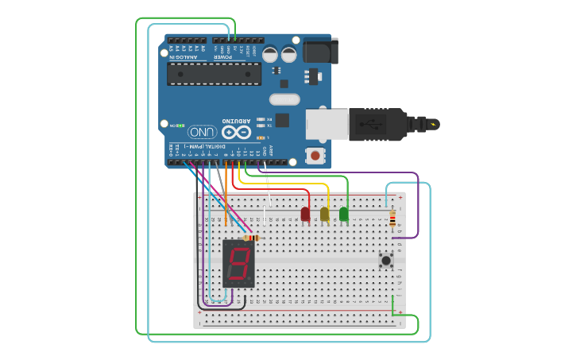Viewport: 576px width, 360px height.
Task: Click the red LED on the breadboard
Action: coord(305,213)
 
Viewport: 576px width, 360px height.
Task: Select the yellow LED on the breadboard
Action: coord(324,213)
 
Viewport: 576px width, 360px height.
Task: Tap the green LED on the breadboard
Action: coord(344,213)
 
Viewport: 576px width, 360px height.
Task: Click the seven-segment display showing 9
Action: coord(239,263)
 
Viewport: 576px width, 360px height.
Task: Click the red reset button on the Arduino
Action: coord(316,154)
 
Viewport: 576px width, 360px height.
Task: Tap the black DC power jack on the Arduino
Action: coord(322,51)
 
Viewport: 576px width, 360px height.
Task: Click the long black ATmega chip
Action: coord(214,73)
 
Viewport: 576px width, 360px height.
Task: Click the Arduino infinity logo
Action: coord(236,131)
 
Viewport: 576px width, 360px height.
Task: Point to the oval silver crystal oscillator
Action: coord(284,99)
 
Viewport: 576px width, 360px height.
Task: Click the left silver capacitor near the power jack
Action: coord(270,55)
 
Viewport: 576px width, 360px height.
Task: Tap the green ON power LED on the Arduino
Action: coord(180,126)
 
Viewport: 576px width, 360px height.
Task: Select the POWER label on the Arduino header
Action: coord(227,57)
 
